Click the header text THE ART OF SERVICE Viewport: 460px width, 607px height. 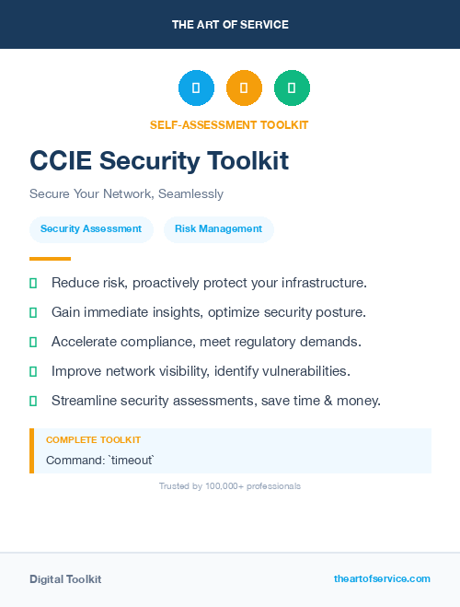pos(230,25)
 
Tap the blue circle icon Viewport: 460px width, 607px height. pos(196,88)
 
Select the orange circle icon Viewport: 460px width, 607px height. pos(244,88)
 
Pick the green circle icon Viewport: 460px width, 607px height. pos(292,88)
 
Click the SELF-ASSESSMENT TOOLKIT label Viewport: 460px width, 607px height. pos(229,124)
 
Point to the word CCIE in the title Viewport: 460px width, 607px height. pos(61,161)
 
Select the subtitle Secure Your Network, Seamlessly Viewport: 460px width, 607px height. pos(126,194)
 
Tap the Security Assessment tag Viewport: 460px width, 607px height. pos(91,229)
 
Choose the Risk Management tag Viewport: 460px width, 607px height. pos(219,229)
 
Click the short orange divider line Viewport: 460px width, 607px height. pos(50,259)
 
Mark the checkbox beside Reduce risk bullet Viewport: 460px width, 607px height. pos(34,283)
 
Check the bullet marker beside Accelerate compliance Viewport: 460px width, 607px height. pos(34,342)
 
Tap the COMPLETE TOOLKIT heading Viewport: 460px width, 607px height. pos(93,440)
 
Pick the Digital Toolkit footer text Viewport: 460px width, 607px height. pos(65,579)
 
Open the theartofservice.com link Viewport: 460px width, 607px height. pos(382,578)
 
